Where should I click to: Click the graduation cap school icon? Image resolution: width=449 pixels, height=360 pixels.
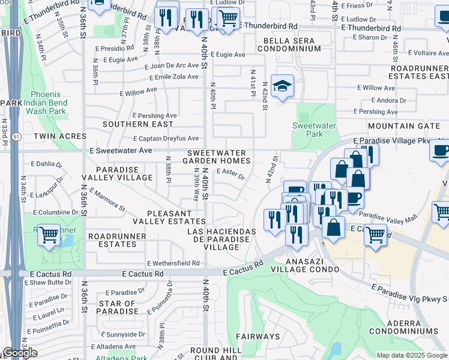point(282,86)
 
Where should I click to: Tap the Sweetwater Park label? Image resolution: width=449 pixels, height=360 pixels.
point(316,130)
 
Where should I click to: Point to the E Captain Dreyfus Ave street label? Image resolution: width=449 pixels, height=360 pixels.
point(166,139)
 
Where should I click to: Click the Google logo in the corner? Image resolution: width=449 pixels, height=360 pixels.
point(20,353)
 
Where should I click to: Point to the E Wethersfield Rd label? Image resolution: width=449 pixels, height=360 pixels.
point(173,263)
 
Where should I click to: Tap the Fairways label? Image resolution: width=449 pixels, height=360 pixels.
point(258,337)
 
